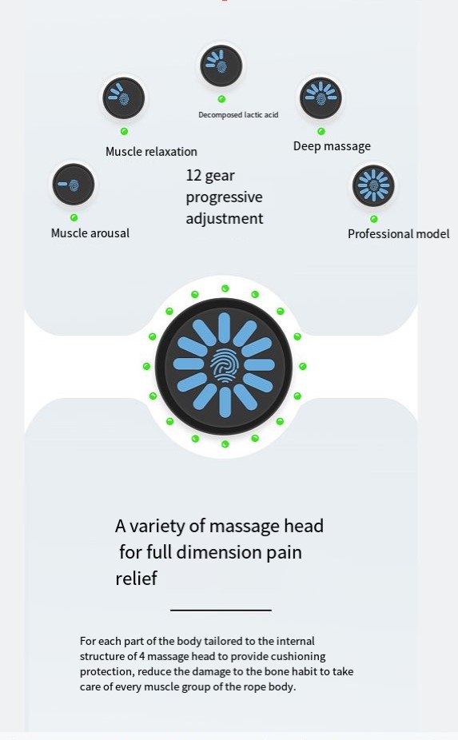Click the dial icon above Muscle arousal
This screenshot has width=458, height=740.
coord(74,185)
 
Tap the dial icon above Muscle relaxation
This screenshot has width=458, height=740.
coord(124,98)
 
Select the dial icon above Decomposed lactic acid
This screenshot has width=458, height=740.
coord(221,66)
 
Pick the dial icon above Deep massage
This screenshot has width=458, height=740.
coord(321,98)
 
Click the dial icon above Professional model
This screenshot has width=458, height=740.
coord(373,185)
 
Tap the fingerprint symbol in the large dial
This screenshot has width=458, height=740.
coord(225,365)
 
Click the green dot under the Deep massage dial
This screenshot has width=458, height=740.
coord(321,131)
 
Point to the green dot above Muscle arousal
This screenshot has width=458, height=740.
coord(74,217)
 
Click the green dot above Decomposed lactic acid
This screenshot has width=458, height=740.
coord(221,99)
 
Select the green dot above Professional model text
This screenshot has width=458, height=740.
coord(374,219)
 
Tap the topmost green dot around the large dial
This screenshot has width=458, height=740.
coord(225,288)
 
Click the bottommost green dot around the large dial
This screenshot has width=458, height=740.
coord(225,444)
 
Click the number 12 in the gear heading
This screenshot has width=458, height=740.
coord(193,176)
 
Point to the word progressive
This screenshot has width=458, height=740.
coord(225,197)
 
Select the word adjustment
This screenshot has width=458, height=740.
coord(225,218)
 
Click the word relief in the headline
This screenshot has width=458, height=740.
coord(136,578)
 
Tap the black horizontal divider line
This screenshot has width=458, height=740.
coord(221,611)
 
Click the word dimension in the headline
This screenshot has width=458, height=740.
coord(219,552)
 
